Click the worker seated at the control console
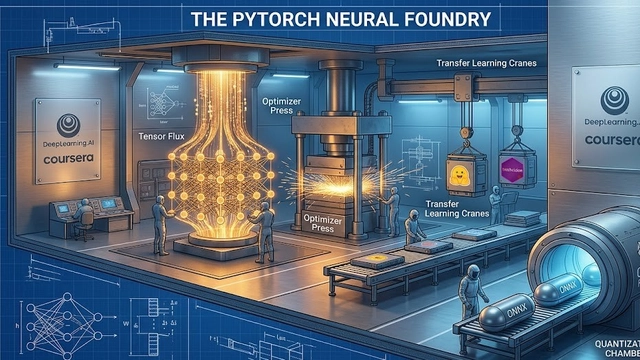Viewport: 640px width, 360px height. [86, 209]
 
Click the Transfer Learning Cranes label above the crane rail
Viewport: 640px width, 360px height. [487, 63]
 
